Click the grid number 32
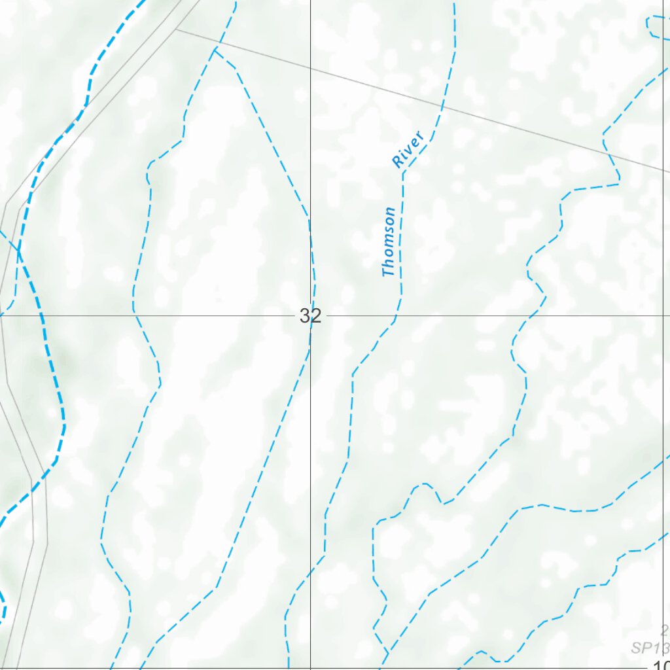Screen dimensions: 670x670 pyautogui.click(x=311, y=317)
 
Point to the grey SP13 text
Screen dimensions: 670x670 pyautogui.click(x=650, y=648)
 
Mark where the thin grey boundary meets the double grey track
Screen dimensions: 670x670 pyautogui.click(x=176, y=29)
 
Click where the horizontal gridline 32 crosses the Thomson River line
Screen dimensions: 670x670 pyautogui.click(x=397, y=315)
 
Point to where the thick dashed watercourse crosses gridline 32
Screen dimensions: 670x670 pyautogui.click(x=43, y=315)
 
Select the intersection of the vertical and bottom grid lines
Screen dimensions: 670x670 pyautogui.click(x=310, y=668)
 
